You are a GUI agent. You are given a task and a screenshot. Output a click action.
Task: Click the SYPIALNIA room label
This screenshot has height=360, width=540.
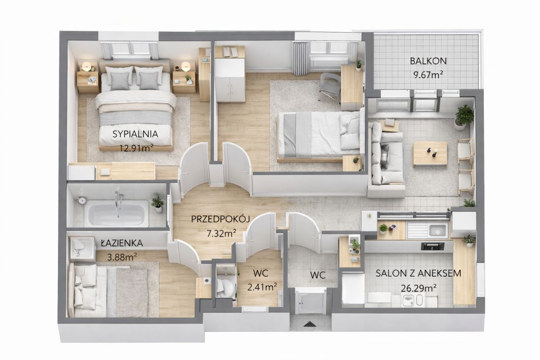click(x=135, y=134)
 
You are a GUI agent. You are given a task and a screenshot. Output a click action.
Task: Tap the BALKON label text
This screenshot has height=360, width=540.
click(x=428, y=61)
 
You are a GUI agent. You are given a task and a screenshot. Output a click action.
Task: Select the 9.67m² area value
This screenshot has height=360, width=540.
click(x=428, y=75)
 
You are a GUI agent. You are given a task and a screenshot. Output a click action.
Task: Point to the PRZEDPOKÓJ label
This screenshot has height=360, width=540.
click(x=220, y=219)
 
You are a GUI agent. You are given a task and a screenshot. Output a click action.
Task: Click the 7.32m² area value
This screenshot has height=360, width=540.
click(x=221, y=233)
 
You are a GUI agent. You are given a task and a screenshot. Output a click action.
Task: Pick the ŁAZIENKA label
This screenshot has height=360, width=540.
click(x=122, y=243)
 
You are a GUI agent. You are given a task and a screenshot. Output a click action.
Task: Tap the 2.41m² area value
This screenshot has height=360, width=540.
click(x=262, y=287)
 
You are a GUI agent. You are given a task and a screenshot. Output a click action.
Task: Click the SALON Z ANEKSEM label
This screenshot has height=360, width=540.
click(x=418, y=273)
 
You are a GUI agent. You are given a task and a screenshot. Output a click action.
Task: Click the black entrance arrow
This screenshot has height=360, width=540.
click(x=310, y=324)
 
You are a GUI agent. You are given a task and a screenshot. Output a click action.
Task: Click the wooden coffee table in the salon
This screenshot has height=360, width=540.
click(x=430, y=153)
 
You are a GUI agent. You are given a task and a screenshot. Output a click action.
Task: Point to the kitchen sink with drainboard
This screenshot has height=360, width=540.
click(x=427, y=230)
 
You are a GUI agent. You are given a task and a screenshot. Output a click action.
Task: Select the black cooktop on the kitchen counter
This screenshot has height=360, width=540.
click(x=433, y=246)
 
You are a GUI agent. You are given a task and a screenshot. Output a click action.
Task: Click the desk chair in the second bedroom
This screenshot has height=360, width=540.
click(x=330, y=87)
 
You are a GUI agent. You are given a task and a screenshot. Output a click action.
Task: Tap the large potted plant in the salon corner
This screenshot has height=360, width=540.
click(x=463, y=117)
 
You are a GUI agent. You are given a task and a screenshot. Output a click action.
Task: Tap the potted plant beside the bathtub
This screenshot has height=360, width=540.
click(x=157, y=204)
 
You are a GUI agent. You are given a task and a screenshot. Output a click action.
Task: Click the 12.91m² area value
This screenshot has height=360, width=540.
click(x=136, y=148)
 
